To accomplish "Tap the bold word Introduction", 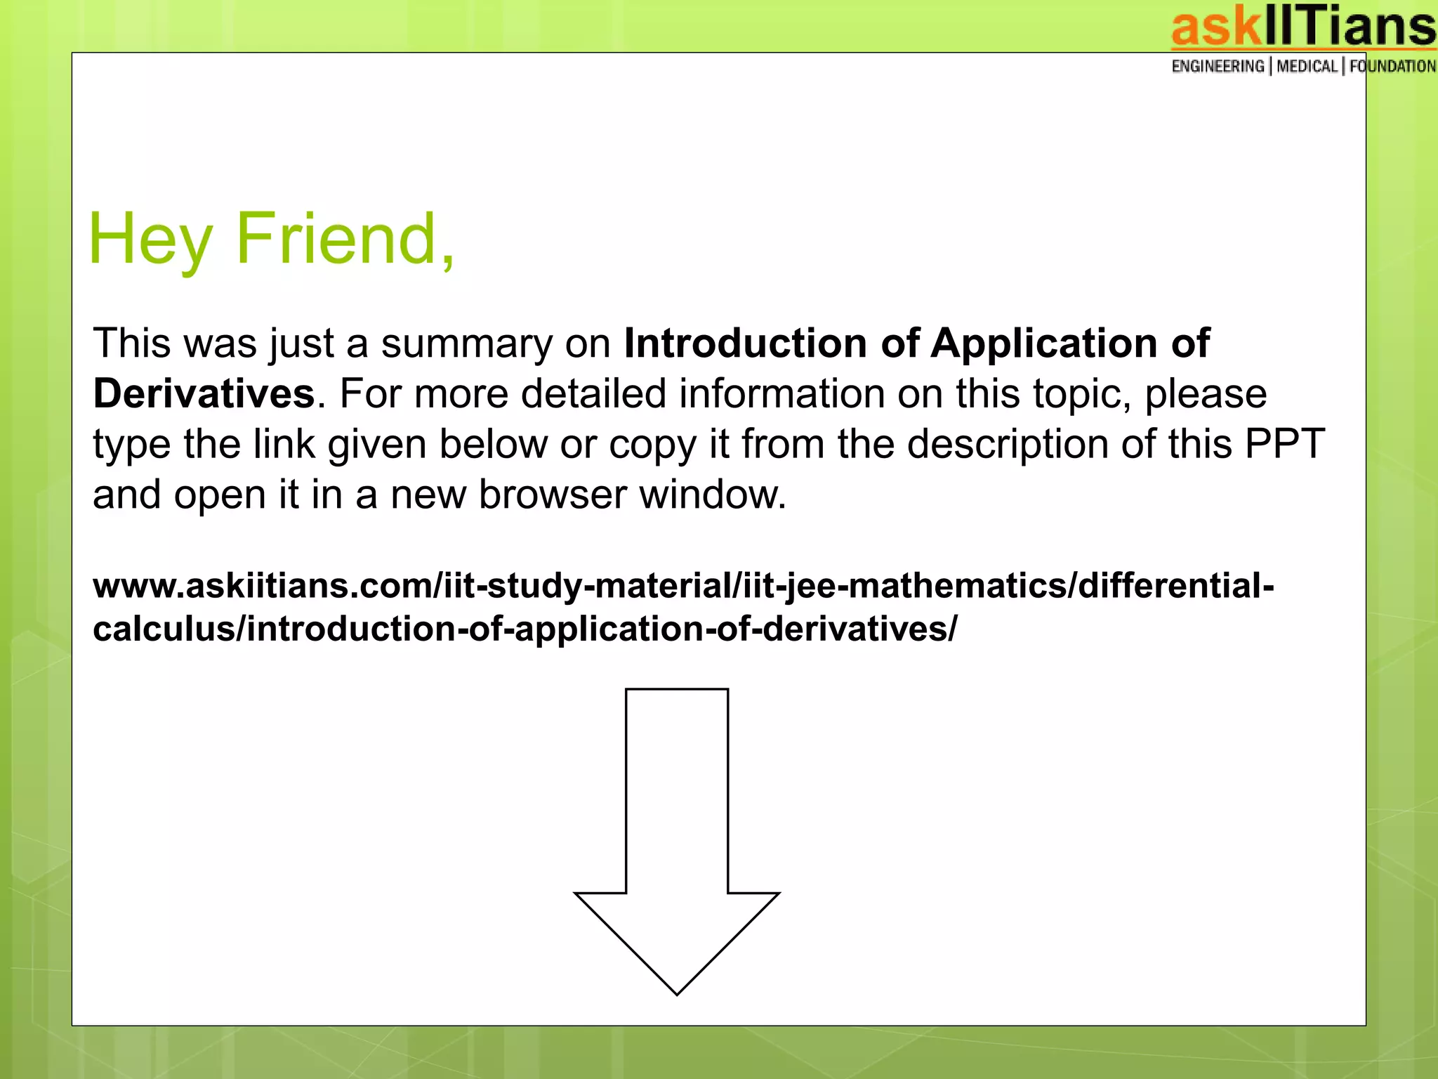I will click(x=745, y=344).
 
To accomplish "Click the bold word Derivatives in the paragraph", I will click(x=204, y=393).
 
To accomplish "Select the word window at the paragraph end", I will click(x=711, y=495).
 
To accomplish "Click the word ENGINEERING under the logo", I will click(x=1218, y=67).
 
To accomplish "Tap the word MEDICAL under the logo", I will click(x=1307, y=67).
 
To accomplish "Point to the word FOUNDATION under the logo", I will click(x=1392, y=67).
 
